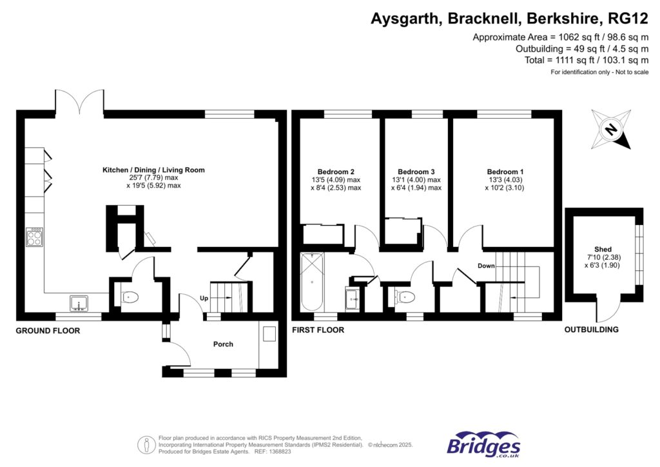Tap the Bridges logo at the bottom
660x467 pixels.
tap(483, 444)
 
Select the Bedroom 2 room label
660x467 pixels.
tap(336, 172)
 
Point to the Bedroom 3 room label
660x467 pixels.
tap(416, 172)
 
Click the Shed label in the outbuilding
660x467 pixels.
tap(603, 249)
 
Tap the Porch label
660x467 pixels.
tap(223, 344)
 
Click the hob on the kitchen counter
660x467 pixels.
tap(35, 237)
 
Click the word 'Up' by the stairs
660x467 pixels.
tap(204, 299)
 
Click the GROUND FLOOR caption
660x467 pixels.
tap(48, 330)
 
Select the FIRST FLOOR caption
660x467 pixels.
tap(318, 330)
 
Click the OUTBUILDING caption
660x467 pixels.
tap(591, 330)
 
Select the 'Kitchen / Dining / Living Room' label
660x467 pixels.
tap(153, 170)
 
